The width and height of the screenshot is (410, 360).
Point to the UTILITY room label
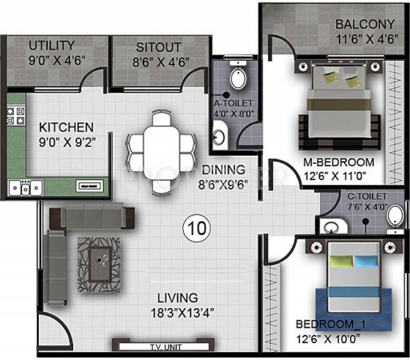pos(51,46)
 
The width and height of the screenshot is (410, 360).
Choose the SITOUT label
pos(159,46)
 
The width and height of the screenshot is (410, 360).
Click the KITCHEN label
pos(66,127)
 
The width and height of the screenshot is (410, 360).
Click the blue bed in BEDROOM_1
pos(353,280)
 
